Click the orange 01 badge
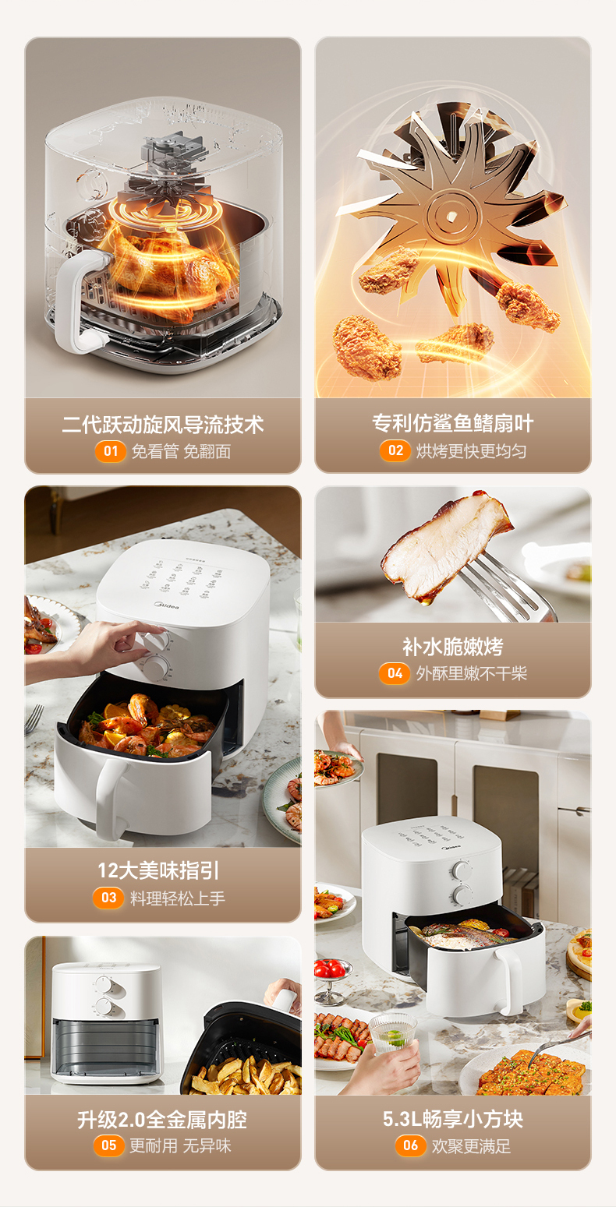pos(110,451)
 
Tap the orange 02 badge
pos(395,450)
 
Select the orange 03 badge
pos(108,898)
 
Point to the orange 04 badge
pos(395,673)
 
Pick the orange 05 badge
pos(108,1145)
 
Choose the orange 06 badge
pos(410,1145)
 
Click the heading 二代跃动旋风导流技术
pos(163,425)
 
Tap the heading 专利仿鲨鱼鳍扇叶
pos(453,424)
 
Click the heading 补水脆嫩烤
pos(453,647)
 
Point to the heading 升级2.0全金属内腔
pos(162,1120)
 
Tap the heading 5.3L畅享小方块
pos(453,1119)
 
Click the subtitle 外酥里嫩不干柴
pos(472,673)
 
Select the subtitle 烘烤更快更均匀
pos(471,450)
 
